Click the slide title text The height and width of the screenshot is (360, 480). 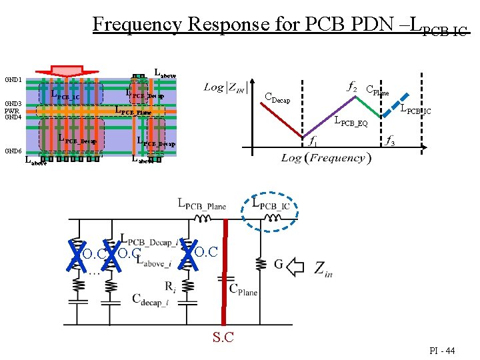pyautogui.click(x=280, y=25)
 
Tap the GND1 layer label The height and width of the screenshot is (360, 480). pyautogui.click(x=13, y=79)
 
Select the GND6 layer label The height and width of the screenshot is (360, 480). pyautogui.click(x=13, y=151)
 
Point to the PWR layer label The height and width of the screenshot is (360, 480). pyautogui.click(x=12, y=111)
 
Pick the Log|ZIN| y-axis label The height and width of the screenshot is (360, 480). pyautogui.click(x=225, y=87)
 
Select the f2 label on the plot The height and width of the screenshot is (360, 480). pyautogui.click(x=352, y=86)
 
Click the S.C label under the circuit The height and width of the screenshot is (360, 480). pyautogui.click(x=223, y=337)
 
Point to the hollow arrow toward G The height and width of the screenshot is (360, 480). pyautogui.click(x=295, y=267)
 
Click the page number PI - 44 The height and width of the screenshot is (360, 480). pyautogui.click(x=443, y=351)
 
